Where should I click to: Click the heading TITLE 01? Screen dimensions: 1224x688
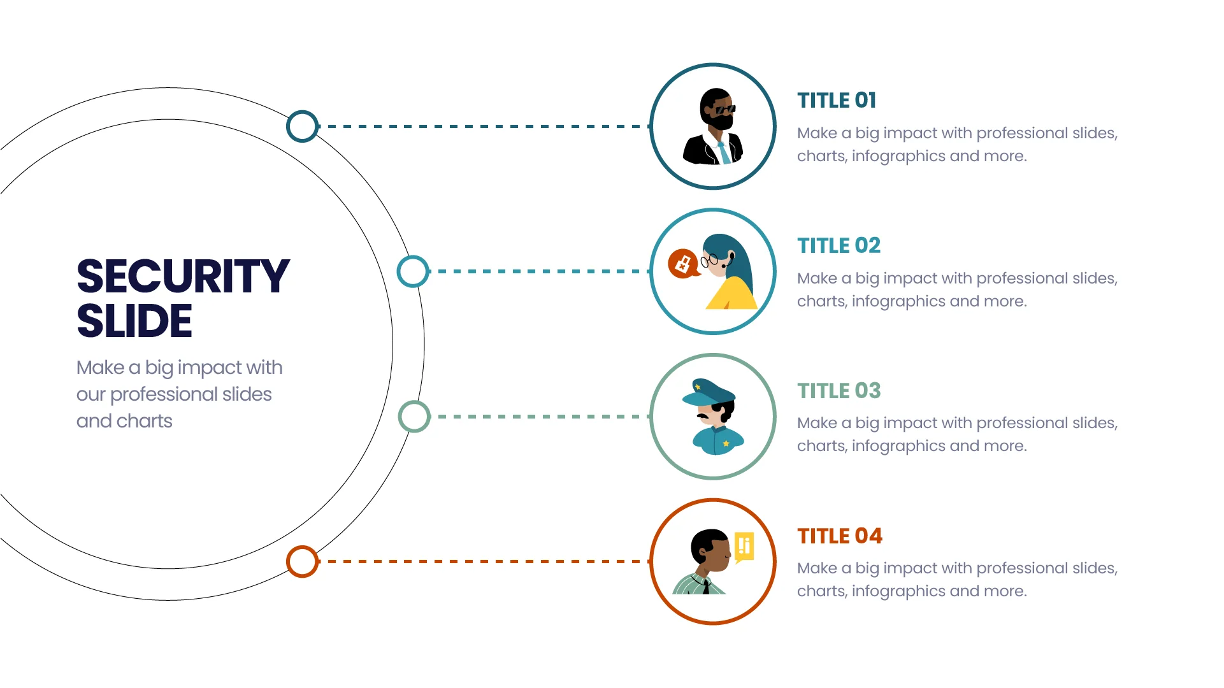coord(837,100)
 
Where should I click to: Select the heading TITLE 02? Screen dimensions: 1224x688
coord(839,245)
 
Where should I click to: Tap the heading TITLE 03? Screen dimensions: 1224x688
coord(839,391)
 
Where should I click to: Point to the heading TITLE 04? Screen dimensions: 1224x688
coord(840,536)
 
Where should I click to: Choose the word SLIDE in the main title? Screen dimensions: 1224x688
coord(134,320)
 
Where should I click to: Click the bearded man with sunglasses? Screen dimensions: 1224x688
coord(714,126)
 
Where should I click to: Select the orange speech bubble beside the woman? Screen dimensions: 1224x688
coord(683,263)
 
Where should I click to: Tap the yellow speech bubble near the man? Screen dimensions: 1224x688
coord(744,547)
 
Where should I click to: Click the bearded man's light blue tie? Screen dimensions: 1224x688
coord(724,153)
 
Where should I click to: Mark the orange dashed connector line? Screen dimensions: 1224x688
coord(484,562)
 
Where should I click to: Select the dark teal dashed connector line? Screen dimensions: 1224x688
coord(484,126)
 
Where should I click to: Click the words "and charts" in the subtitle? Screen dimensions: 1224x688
coord(124,421)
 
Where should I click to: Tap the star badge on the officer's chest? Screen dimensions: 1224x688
coord(726,443)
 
